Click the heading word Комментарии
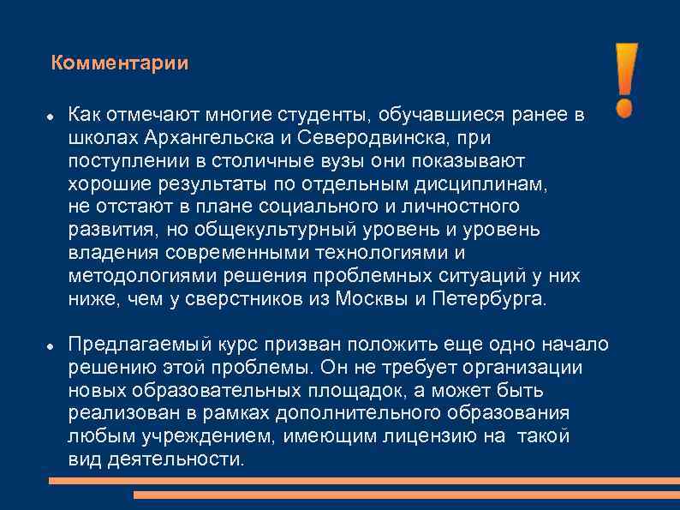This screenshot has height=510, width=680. coord(119,63)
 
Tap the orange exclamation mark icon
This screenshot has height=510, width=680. coord(626,80)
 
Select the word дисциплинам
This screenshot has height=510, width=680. coord(489,183)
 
